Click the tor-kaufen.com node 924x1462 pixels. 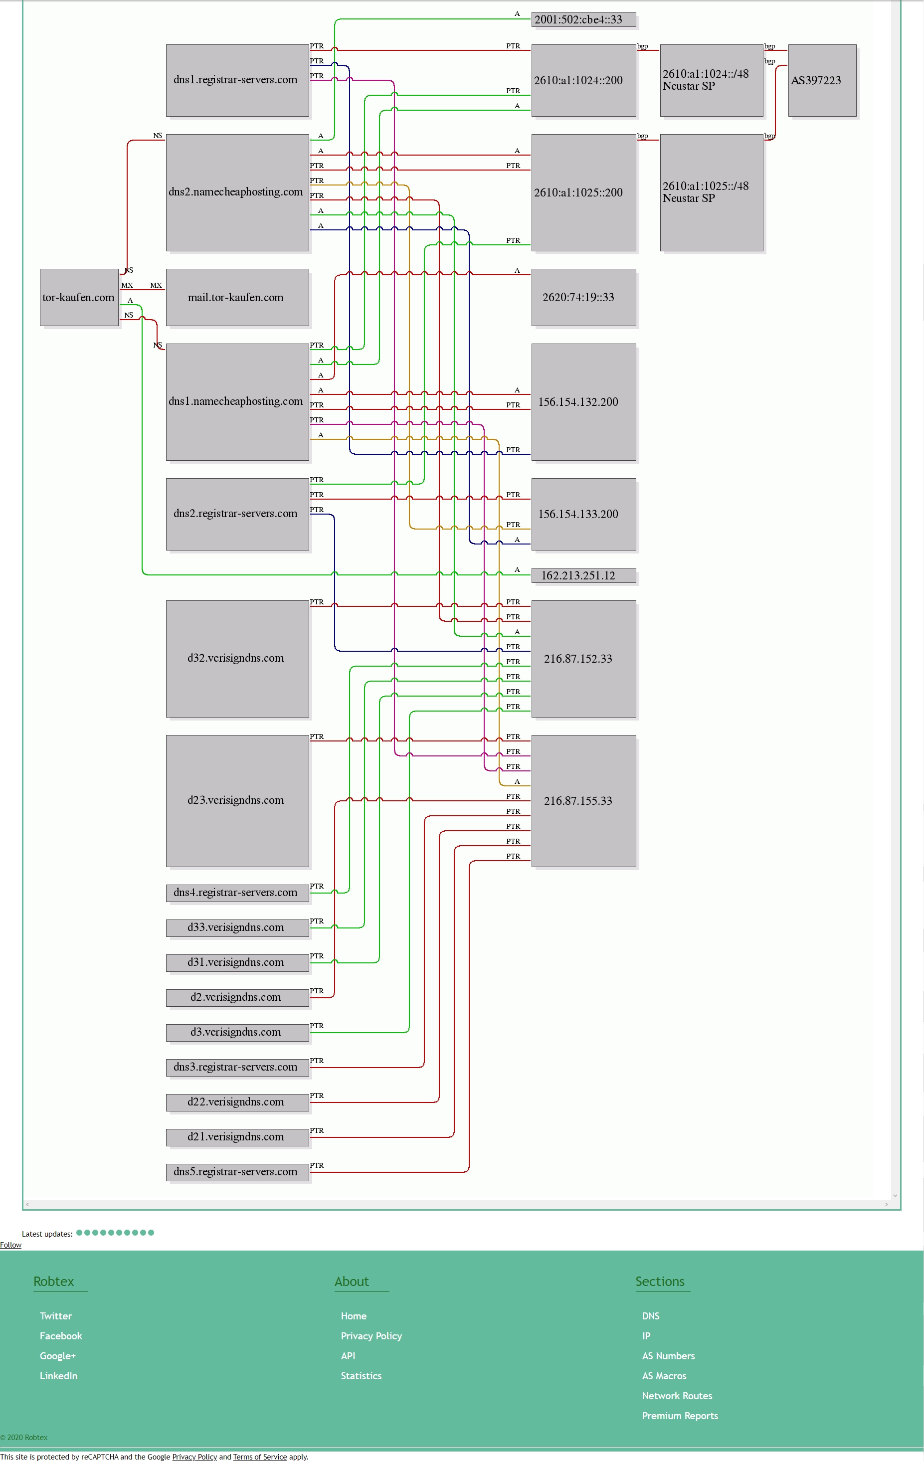pyautogui.click(x=79, y=298)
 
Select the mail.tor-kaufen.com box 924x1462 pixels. pyautogui.click(x=237, y=298)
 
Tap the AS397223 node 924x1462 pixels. pyautogui.click(x=822, y=80)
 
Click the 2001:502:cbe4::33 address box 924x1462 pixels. pyautogui.click(x=583, y=19)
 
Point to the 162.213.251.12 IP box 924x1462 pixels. pyautogui.click(x=583, y=575)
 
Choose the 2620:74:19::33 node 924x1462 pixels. pyautogui.click(x=583, y=298)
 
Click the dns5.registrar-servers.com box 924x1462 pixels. pyautogui.click(x=237, y=1172)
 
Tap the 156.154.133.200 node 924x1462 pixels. pyautogui.click(x=583, y=514)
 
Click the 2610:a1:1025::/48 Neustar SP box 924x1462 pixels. pyautogui.click(x=712, y=192)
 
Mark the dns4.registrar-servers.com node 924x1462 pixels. pyautogui.click(x=237, y=893)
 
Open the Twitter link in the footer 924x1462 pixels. pyautogui.click(x=56, y=1316)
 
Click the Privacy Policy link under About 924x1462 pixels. pyautogui.click(x=371, y=1336)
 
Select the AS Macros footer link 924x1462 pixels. pyautogui.click(x=664, y=1376)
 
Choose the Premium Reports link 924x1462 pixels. pyautogui.click(x=680, y=1416)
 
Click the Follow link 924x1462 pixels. pyautogui.click(x=11, y=1245)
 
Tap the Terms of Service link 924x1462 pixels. pyautogui.click(x=260, y=1457)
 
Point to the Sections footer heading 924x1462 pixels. pyautogui.click(x=660, y=1281)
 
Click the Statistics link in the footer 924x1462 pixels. pyautogui.click(x=361, y=1376)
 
